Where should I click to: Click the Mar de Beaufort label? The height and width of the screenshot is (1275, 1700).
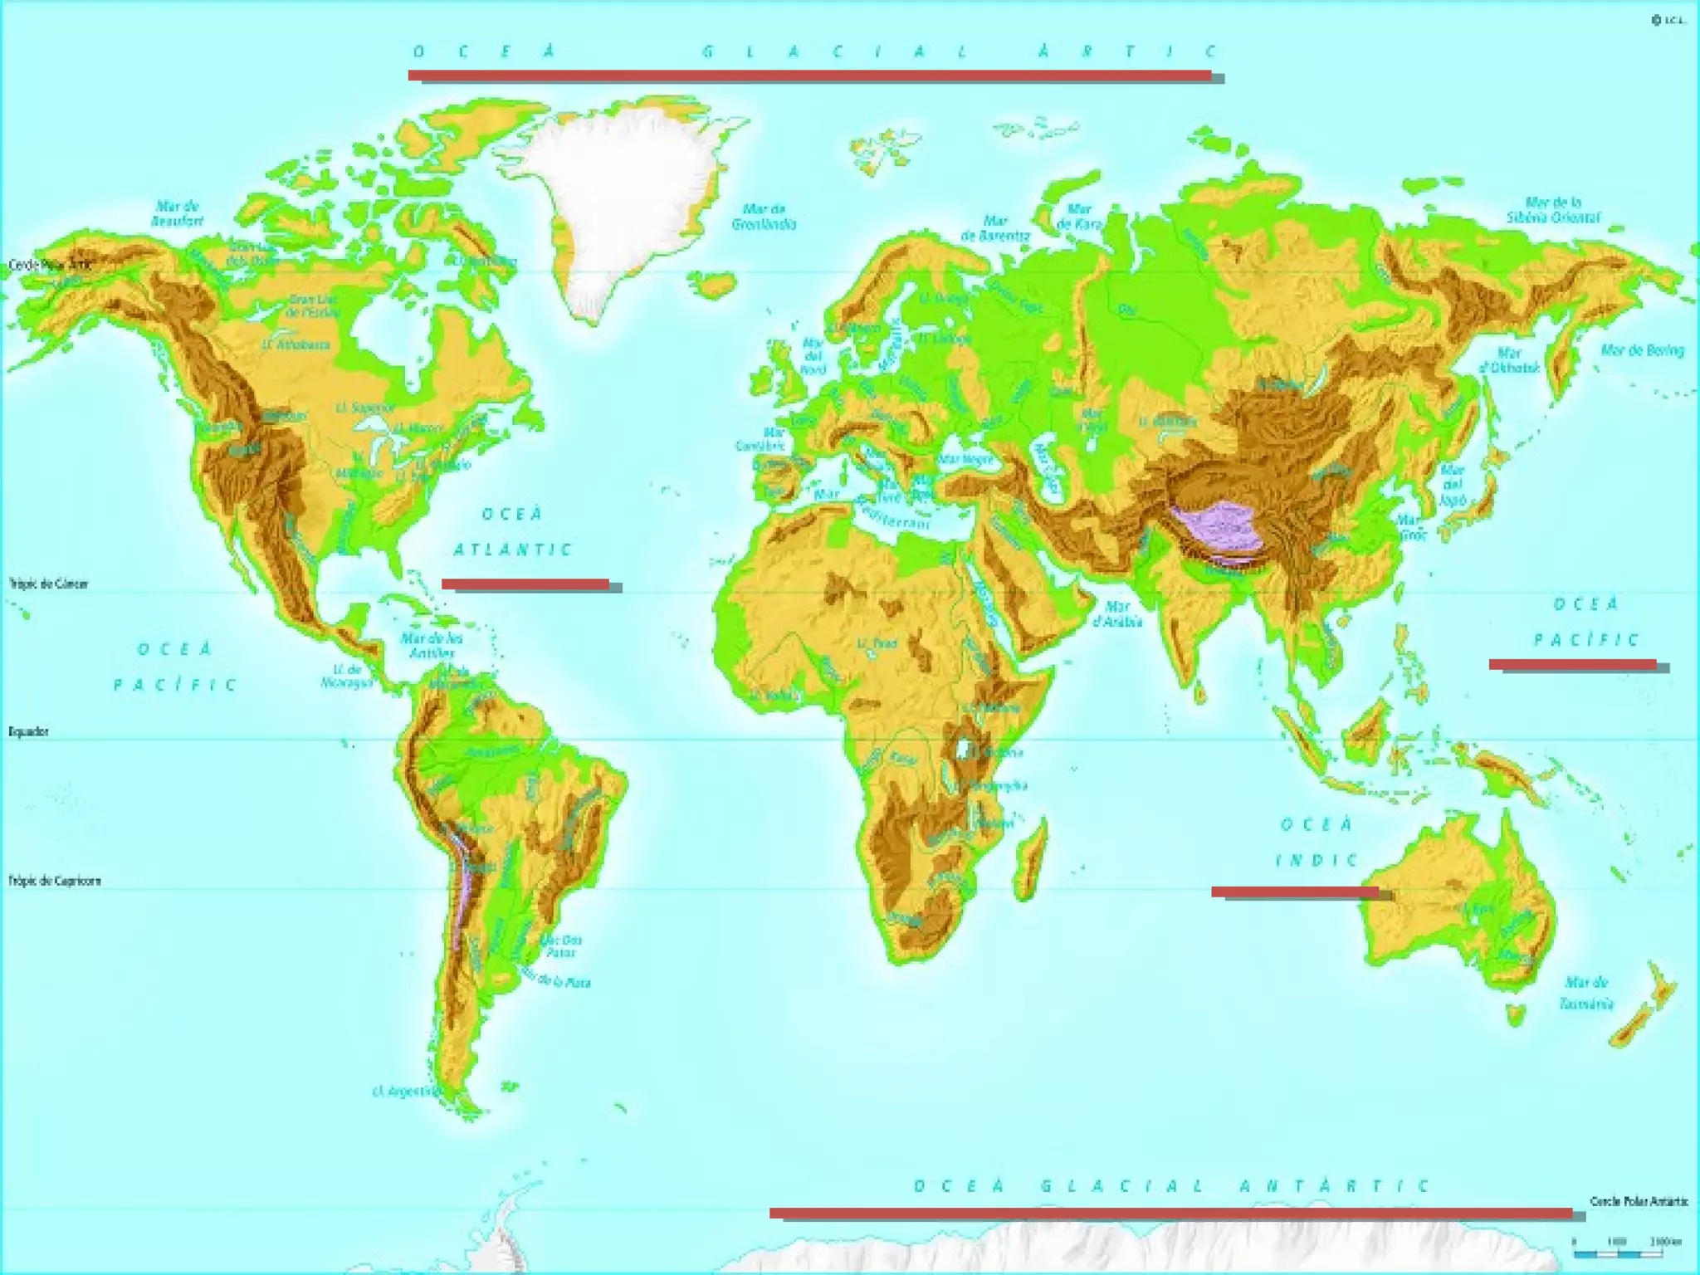(178, 213)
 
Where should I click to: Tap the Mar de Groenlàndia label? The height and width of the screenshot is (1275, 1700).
(764, 217)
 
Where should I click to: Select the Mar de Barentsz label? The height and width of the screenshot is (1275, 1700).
(995, 227)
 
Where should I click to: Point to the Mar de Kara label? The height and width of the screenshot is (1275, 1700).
(1078, 217)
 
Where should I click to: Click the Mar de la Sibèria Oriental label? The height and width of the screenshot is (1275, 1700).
(1553, 210)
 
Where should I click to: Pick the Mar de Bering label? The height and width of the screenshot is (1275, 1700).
(1642, 350)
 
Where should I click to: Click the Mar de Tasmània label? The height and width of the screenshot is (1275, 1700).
(1585, 993)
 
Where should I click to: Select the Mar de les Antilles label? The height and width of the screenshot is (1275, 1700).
(432, 645)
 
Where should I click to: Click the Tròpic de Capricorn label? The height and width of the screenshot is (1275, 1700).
(55, 881)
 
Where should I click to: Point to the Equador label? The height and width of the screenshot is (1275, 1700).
(29, 731)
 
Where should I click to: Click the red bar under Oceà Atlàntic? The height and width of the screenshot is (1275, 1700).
(525, 584)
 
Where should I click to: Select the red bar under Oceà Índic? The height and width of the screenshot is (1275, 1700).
(1295, 892)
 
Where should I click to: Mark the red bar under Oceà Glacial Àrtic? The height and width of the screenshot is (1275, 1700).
(809, 76)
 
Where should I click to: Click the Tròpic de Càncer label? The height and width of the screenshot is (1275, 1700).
(48, 584)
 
